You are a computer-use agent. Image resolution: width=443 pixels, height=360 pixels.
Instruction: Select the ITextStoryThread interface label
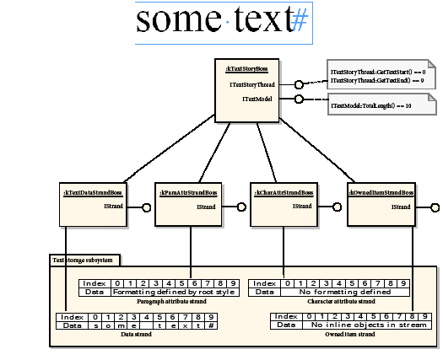[x=251, y=85]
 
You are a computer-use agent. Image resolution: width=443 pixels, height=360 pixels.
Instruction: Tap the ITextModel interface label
[x=258, y=99]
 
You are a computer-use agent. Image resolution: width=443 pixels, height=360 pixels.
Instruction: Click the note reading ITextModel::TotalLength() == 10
[x=372, y=105]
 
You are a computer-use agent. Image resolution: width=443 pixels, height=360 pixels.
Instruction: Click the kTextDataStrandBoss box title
[x=93, y=193]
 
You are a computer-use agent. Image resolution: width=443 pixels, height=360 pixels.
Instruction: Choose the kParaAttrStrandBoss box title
[x=188, y=193]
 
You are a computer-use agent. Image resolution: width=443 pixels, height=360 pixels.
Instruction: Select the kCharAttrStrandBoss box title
[x=284, y=193]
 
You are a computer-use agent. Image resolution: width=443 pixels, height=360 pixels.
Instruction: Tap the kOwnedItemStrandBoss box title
[x=381, y=193]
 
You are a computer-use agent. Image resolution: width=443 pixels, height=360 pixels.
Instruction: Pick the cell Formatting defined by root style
[x=173, y=292]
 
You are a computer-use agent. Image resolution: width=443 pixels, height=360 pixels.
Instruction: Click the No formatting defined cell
[x=345, y=292]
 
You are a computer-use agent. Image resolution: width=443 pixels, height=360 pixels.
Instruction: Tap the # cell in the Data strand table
[x=211, y=325]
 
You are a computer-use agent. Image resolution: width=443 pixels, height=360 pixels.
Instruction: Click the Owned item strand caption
[x=351, y=334]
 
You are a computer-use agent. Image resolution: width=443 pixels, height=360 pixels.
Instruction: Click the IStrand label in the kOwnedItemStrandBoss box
[x=401, y=206]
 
